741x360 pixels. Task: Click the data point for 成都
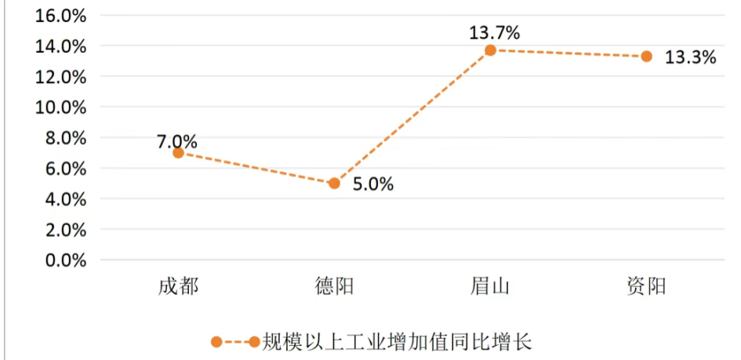(178, 152)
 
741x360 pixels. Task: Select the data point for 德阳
(334, 183)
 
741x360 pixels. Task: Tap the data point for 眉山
(490, 50)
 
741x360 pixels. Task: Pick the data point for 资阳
(646, 56)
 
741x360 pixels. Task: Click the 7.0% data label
(176, 142)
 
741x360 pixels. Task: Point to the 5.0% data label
(372, 185)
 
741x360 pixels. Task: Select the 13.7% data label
(495, 33)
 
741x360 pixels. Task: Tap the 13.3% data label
(690, 57)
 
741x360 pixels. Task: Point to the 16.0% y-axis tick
(60, 16)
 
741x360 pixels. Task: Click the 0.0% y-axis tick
(64, 260)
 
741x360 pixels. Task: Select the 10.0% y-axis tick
(60, 107)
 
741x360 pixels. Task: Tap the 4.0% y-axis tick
(64, 199)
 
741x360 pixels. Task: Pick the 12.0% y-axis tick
(60, 77)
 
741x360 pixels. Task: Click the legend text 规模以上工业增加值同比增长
(397, 342)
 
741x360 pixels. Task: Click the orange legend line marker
(234, 342)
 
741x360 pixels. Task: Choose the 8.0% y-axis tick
(64, 138)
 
